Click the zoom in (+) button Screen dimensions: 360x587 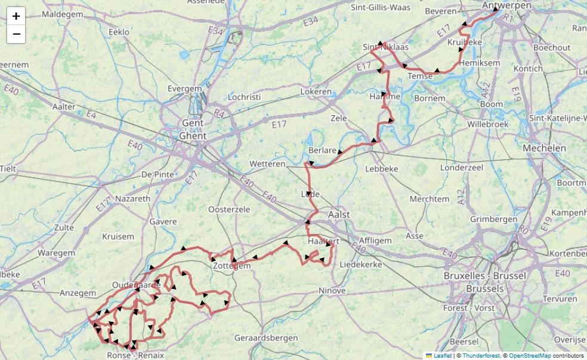16,16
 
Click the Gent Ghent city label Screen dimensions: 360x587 193,130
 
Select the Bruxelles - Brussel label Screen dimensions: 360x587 485,275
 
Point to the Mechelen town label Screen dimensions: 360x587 544,148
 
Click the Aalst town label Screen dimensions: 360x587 339,214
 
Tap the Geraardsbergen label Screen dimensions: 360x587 266,338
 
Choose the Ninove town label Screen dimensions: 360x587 332,291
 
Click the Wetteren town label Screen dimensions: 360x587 267,164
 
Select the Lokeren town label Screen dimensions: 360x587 316,92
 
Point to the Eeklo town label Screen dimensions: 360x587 119,32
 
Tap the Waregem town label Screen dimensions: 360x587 57,253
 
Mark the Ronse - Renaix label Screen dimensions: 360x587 135,355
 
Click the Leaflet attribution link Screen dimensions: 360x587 442,355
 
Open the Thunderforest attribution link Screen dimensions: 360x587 481,355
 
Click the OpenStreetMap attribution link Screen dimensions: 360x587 530,355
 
